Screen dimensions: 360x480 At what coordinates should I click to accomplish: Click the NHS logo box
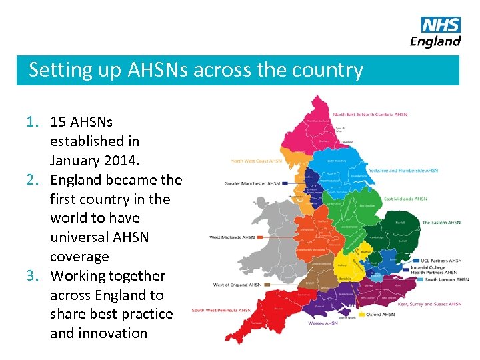pyautogui.click(x=441, y=25)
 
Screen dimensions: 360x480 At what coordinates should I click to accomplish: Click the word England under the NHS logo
pyautogui.click(x=435, y=41)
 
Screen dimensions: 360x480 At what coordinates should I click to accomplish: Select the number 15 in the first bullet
pyautogui.click(x=59, y=122)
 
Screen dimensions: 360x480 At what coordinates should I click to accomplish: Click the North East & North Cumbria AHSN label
pyautogui.click(x=370, y=115)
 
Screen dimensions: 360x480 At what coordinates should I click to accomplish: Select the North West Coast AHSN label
pyautogui.click(x=257, y=161)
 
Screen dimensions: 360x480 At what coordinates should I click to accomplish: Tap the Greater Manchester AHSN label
pyautogui.click(x=252, y=182)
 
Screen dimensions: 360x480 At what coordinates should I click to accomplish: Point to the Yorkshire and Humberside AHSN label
pyautogui.click(x=403, y=171)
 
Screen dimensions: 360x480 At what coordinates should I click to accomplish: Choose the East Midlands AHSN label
pyautogui.click(x=405, y=199)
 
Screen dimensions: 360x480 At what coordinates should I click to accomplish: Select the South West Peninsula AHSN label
pyautogui.click(x=221, y=310)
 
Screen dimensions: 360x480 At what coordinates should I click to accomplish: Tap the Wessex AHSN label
pyautogui.click(x=323, y=323)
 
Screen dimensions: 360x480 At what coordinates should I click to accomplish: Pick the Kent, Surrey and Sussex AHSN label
pyautogui.click(x=429, y=304)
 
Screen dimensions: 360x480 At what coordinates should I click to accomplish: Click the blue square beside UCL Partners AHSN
pyautogui.click(x=417, y=261)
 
